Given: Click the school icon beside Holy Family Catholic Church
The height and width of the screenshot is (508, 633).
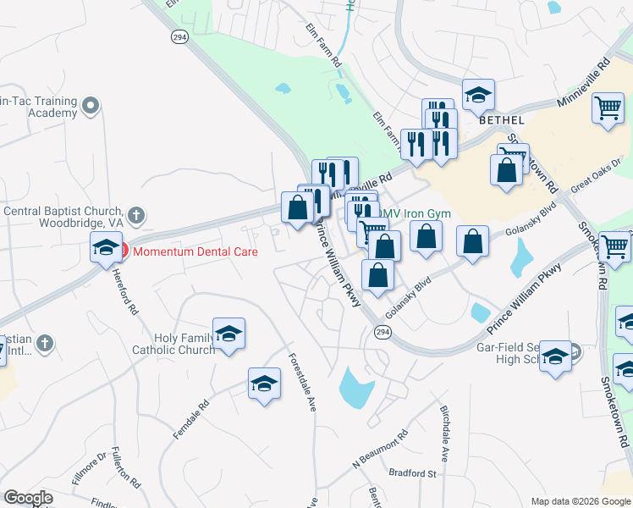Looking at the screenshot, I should coord(228,334).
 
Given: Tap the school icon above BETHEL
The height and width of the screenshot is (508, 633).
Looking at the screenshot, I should coord(478,96).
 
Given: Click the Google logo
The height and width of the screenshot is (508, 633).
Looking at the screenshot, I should coord(29,498).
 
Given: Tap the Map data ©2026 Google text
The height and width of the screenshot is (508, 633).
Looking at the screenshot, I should coord(580,501).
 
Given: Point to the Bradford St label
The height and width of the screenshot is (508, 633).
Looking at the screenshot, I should coord(412,473).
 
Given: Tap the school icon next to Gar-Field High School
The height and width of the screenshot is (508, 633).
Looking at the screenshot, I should coord(555,357).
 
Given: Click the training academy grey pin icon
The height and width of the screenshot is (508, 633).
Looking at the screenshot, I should coord(91,107).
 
